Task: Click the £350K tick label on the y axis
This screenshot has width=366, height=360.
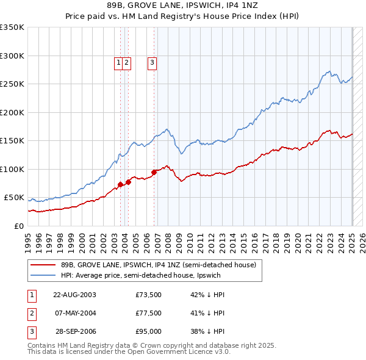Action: click(x=12, y=27)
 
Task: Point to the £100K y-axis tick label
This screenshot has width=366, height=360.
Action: click(x=12, y=169)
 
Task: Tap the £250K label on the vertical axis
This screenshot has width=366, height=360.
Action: click(x=12, y=84)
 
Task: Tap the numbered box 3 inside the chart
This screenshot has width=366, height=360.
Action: click(x=152, y=62)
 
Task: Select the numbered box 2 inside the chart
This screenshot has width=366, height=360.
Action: click(x=126, y=62)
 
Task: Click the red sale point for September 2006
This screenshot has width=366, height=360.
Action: click(x=154, y=172)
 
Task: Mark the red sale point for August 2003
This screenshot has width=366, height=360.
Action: click(x=120, y=184)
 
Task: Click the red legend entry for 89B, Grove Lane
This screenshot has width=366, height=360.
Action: click(x=161, y=265)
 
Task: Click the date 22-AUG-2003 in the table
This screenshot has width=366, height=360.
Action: click(x=74, y=295)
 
